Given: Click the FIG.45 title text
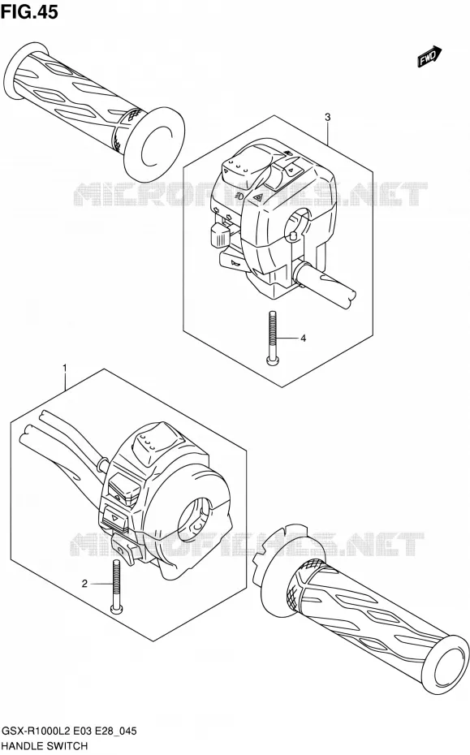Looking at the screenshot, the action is (29, 12).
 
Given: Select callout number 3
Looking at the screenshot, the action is (327, 117).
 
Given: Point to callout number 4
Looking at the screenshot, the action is (303, 339).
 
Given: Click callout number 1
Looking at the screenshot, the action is (64, 369).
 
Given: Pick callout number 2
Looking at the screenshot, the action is (84, 584).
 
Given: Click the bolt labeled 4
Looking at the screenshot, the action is (272, 338).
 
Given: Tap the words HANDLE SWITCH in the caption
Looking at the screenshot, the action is (45, 746).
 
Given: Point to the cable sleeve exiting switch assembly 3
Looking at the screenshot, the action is (324, 286).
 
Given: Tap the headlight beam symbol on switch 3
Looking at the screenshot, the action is (239, 196).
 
